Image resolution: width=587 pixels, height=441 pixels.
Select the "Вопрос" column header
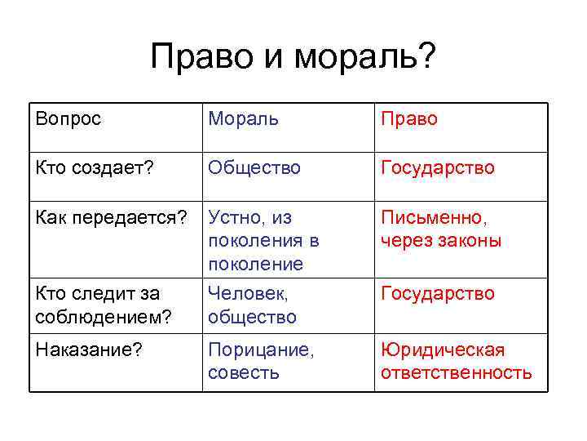pyautogui.click(x=68, y=119)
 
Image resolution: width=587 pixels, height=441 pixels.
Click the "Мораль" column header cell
pyautogui.click(x=244, y=119)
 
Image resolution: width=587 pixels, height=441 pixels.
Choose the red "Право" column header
pyautogui.click(x=409, y=119)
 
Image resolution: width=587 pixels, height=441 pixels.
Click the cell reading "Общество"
pyautogui.click(x=254, y=167)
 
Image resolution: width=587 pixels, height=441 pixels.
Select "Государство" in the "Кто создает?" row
pyautogui.click(x=438, y=167)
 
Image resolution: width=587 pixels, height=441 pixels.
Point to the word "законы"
pyautogui.click(x=468, y=241)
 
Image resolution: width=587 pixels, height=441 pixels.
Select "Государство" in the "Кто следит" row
pyautogui.click(x=438, y=293)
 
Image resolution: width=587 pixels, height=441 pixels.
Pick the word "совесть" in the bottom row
pyautogui.click(x=244, y=373)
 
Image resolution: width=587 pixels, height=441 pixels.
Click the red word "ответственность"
pyautogui.click(x=457, y=373)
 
